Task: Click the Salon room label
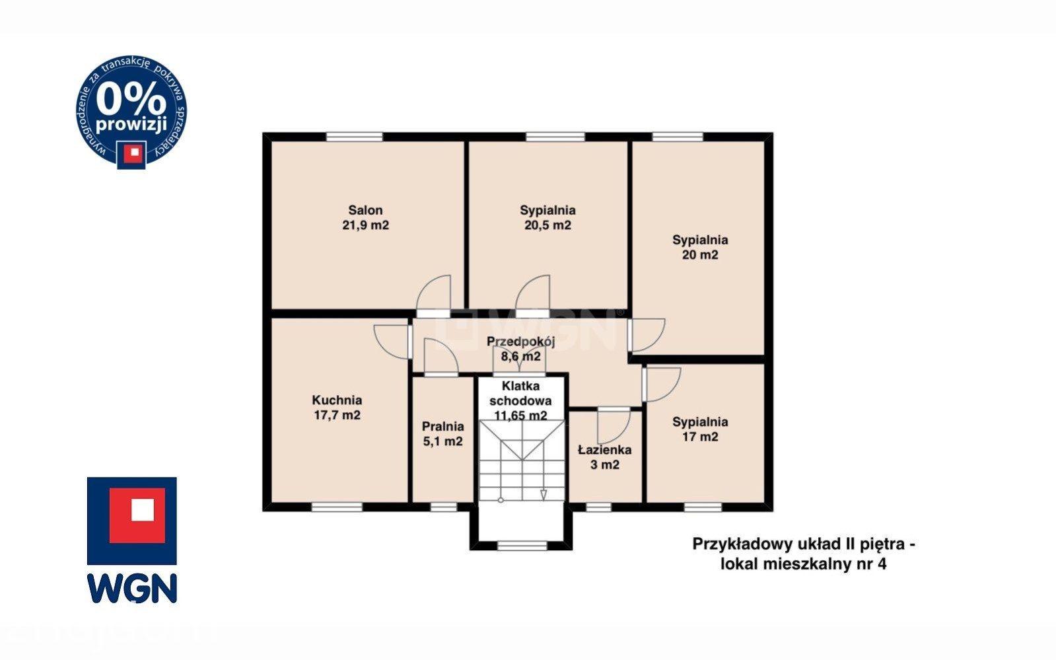point(365,210)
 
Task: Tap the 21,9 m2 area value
point(365,225)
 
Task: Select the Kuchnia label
point(337,400)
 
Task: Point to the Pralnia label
point(442,427)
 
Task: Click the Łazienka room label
point(605,450)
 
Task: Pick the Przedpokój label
point(520,341)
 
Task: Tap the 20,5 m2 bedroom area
point(547,225)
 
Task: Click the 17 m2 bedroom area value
point(700,437)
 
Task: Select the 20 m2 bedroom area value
point(700,255)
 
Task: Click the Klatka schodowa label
point(520,394)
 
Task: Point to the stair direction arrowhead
point(544,494)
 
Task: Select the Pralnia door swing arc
point(447,348)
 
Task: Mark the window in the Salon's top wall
point(355,137)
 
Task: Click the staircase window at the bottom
point(522,546)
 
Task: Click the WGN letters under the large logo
point(132,588)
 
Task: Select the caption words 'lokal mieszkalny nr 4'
point(803,564)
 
